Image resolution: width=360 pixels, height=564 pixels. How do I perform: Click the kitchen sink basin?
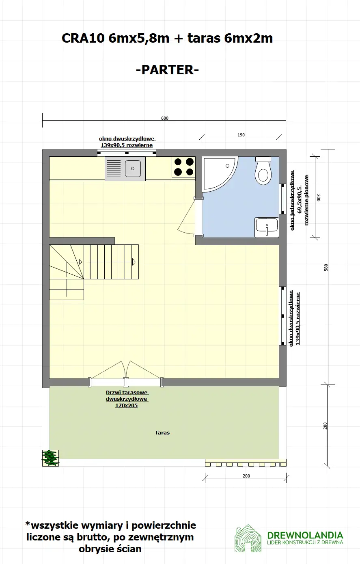(133, 169)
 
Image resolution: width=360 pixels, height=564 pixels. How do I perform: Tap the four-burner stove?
(183, 167)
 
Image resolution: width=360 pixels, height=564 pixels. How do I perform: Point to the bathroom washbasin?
(267, 227)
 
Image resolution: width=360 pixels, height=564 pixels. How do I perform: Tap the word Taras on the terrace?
(162, 433)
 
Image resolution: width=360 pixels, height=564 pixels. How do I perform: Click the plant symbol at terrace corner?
(50, 458)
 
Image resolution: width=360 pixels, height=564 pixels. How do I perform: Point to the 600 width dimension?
(164, 119)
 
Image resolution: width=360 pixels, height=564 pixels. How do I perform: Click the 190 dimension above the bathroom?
(241, 135)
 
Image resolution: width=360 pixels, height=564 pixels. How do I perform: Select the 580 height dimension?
(326, 268)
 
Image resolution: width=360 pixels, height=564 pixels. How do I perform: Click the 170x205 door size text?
(126, 406)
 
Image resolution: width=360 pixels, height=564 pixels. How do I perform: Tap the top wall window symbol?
(127, 153)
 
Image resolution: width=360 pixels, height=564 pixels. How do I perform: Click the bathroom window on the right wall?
(282, 199)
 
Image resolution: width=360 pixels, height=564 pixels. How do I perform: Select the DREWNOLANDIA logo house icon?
(248, 538)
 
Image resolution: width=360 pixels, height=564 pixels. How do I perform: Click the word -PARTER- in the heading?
(167, 70)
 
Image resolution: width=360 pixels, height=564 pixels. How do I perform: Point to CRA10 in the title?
(83, 38)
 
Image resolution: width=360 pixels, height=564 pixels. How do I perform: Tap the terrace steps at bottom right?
(246, 463)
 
